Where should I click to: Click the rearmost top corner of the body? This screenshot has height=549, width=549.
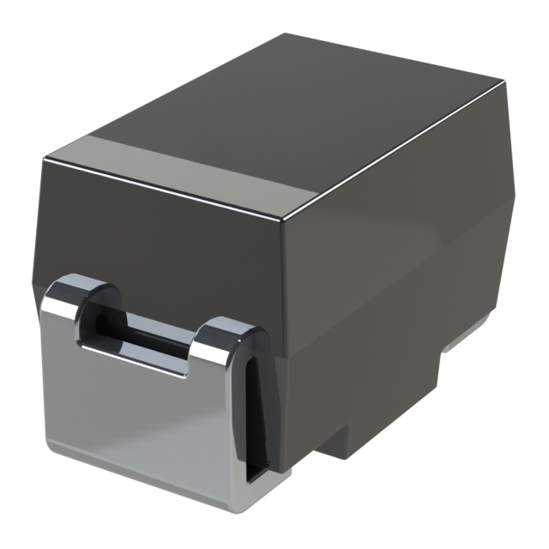pos(287,34)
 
